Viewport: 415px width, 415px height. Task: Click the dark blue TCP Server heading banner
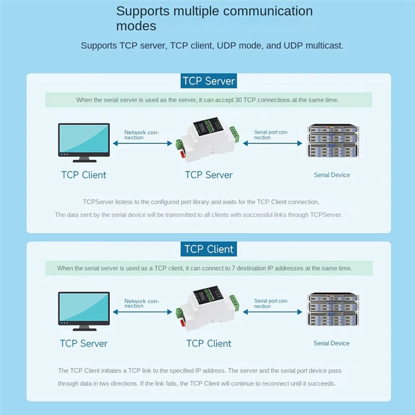(x=209, y=81)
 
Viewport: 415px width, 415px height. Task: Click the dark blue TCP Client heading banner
(x=209, y=249)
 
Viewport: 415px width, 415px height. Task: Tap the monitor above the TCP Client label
(x=84, y=140)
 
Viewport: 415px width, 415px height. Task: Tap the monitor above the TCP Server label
(x=84, y=309)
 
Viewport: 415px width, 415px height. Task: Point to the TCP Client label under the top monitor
(x=84, y=175)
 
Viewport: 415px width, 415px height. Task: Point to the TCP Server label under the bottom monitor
(x=84, y=343)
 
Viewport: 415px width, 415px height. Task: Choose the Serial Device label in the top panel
(x=331, y=175)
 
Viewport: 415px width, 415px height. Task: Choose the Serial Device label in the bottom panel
(x=331, y=343)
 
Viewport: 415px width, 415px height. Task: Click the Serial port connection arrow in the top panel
(x=272, y=143)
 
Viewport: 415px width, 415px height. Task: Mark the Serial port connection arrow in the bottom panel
(x=272, y=312)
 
